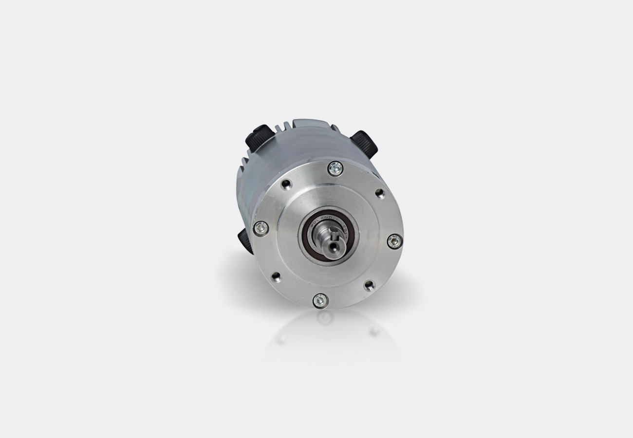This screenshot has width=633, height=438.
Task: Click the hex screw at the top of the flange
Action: tap(335, 168)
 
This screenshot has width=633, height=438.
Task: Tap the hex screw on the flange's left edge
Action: tap(261, 228)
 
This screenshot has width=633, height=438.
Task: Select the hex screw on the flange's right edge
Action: tap(394, 241)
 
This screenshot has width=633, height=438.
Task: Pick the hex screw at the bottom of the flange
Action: tap(320, 300)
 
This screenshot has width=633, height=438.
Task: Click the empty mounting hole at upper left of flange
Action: tap(286, 184)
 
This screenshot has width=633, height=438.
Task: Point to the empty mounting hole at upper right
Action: tap(380, 194)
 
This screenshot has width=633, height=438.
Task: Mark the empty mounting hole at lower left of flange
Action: tap(276, 276)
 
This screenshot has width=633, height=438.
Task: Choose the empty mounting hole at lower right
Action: tap(369, 286)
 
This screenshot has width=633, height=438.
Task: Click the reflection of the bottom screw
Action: tap(325, 318)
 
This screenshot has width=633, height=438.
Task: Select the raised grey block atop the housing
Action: tap(312, 124)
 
